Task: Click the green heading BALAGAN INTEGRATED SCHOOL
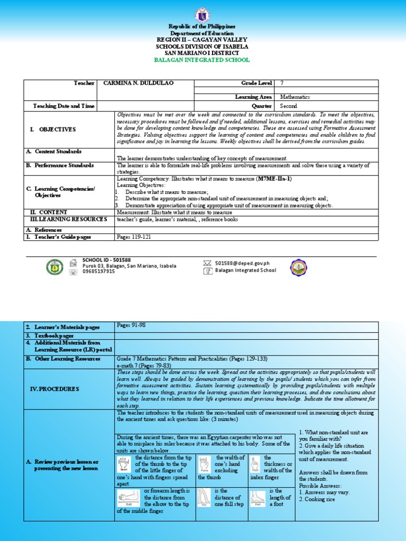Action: click(201, 60)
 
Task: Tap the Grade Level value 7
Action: click(282, 83)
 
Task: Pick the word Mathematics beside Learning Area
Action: click(295, 97)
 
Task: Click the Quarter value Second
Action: click(289, 106)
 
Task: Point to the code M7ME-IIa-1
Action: click(274, 179)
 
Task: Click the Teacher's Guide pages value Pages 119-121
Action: click(134, 237)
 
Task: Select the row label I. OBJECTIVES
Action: click(57, 129)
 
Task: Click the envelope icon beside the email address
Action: click(208, 263)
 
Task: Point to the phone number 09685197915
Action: click(98, 272)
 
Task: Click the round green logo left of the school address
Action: click(54, 267)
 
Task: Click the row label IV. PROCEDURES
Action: click(53, 389)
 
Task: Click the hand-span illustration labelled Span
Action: click(125, 464)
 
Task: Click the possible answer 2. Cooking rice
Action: click(317, 499)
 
